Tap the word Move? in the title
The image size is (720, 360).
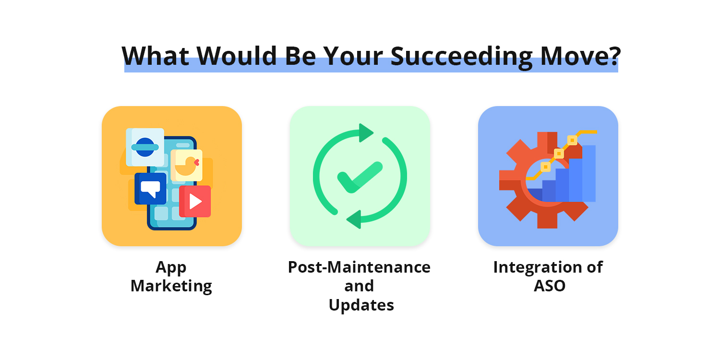580,56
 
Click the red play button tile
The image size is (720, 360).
195,201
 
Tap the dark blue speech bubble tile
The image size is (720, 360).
150,189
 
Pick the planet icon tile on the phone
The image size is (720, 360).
145,147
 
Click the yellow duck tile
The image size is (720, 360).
186,165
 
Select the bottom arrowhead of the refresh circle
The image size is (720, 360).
354,219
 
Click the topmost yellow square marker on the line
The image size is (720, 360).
572,140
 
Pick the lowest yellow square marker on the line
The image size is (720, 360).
545,167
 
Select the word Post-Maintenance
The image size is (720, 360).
359,267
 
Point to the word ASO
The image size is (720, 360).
549,286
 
